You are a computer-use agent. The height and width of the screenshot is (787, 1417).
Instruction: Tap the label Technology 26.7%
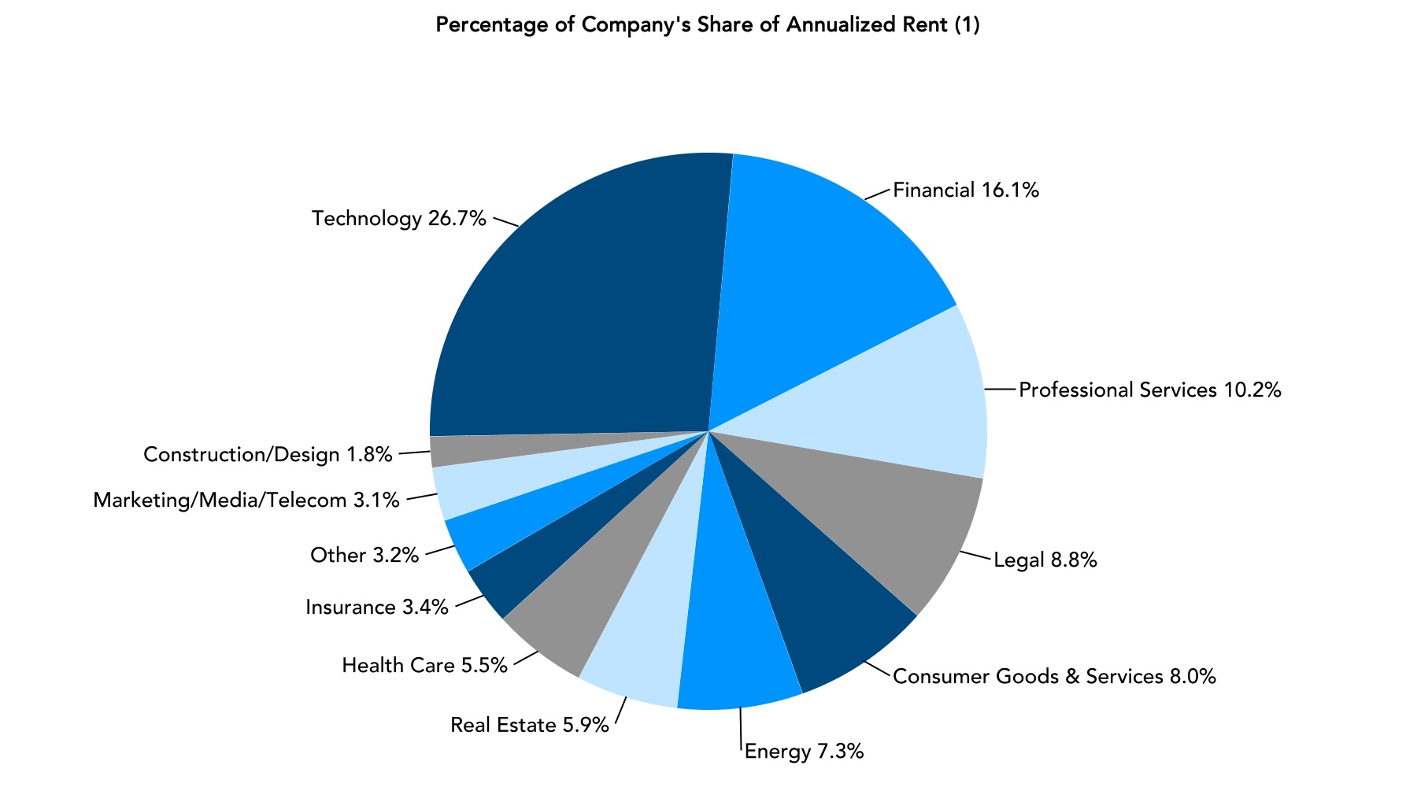tap(399, 218)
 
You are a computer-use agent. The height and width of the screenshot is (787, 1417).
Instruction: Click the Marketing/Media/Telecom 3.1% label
tap(246, 500)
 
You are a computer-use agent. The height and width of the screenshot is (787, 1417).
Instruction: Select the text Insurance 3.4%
tap(377, 607)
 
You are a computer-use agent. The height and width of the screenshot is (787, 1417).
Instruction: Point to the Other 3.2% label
tap(364, 556)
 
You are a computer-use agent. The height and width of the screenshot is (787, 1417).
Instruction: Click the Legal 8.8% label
tap(1045, 560)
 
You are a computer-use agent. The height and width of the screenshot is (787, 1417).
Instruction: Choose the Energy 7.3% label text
tap(804, 752)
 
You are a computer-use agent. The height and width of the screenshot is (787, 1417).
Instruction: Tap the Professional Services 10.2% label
tap(1150, 390)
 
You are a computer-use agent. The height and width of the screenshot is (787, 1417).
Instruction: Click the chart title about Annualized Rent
tap(707, 25)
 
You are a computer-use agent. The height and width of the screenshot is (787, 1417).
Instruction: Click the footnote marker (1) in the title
tap(967, 25)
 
